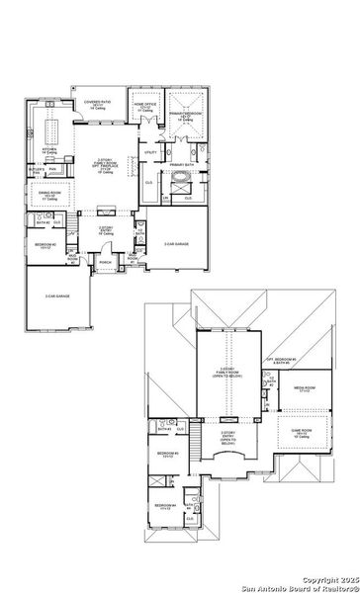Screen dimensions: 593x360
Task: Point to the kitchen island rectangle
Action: pos(52,126)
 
